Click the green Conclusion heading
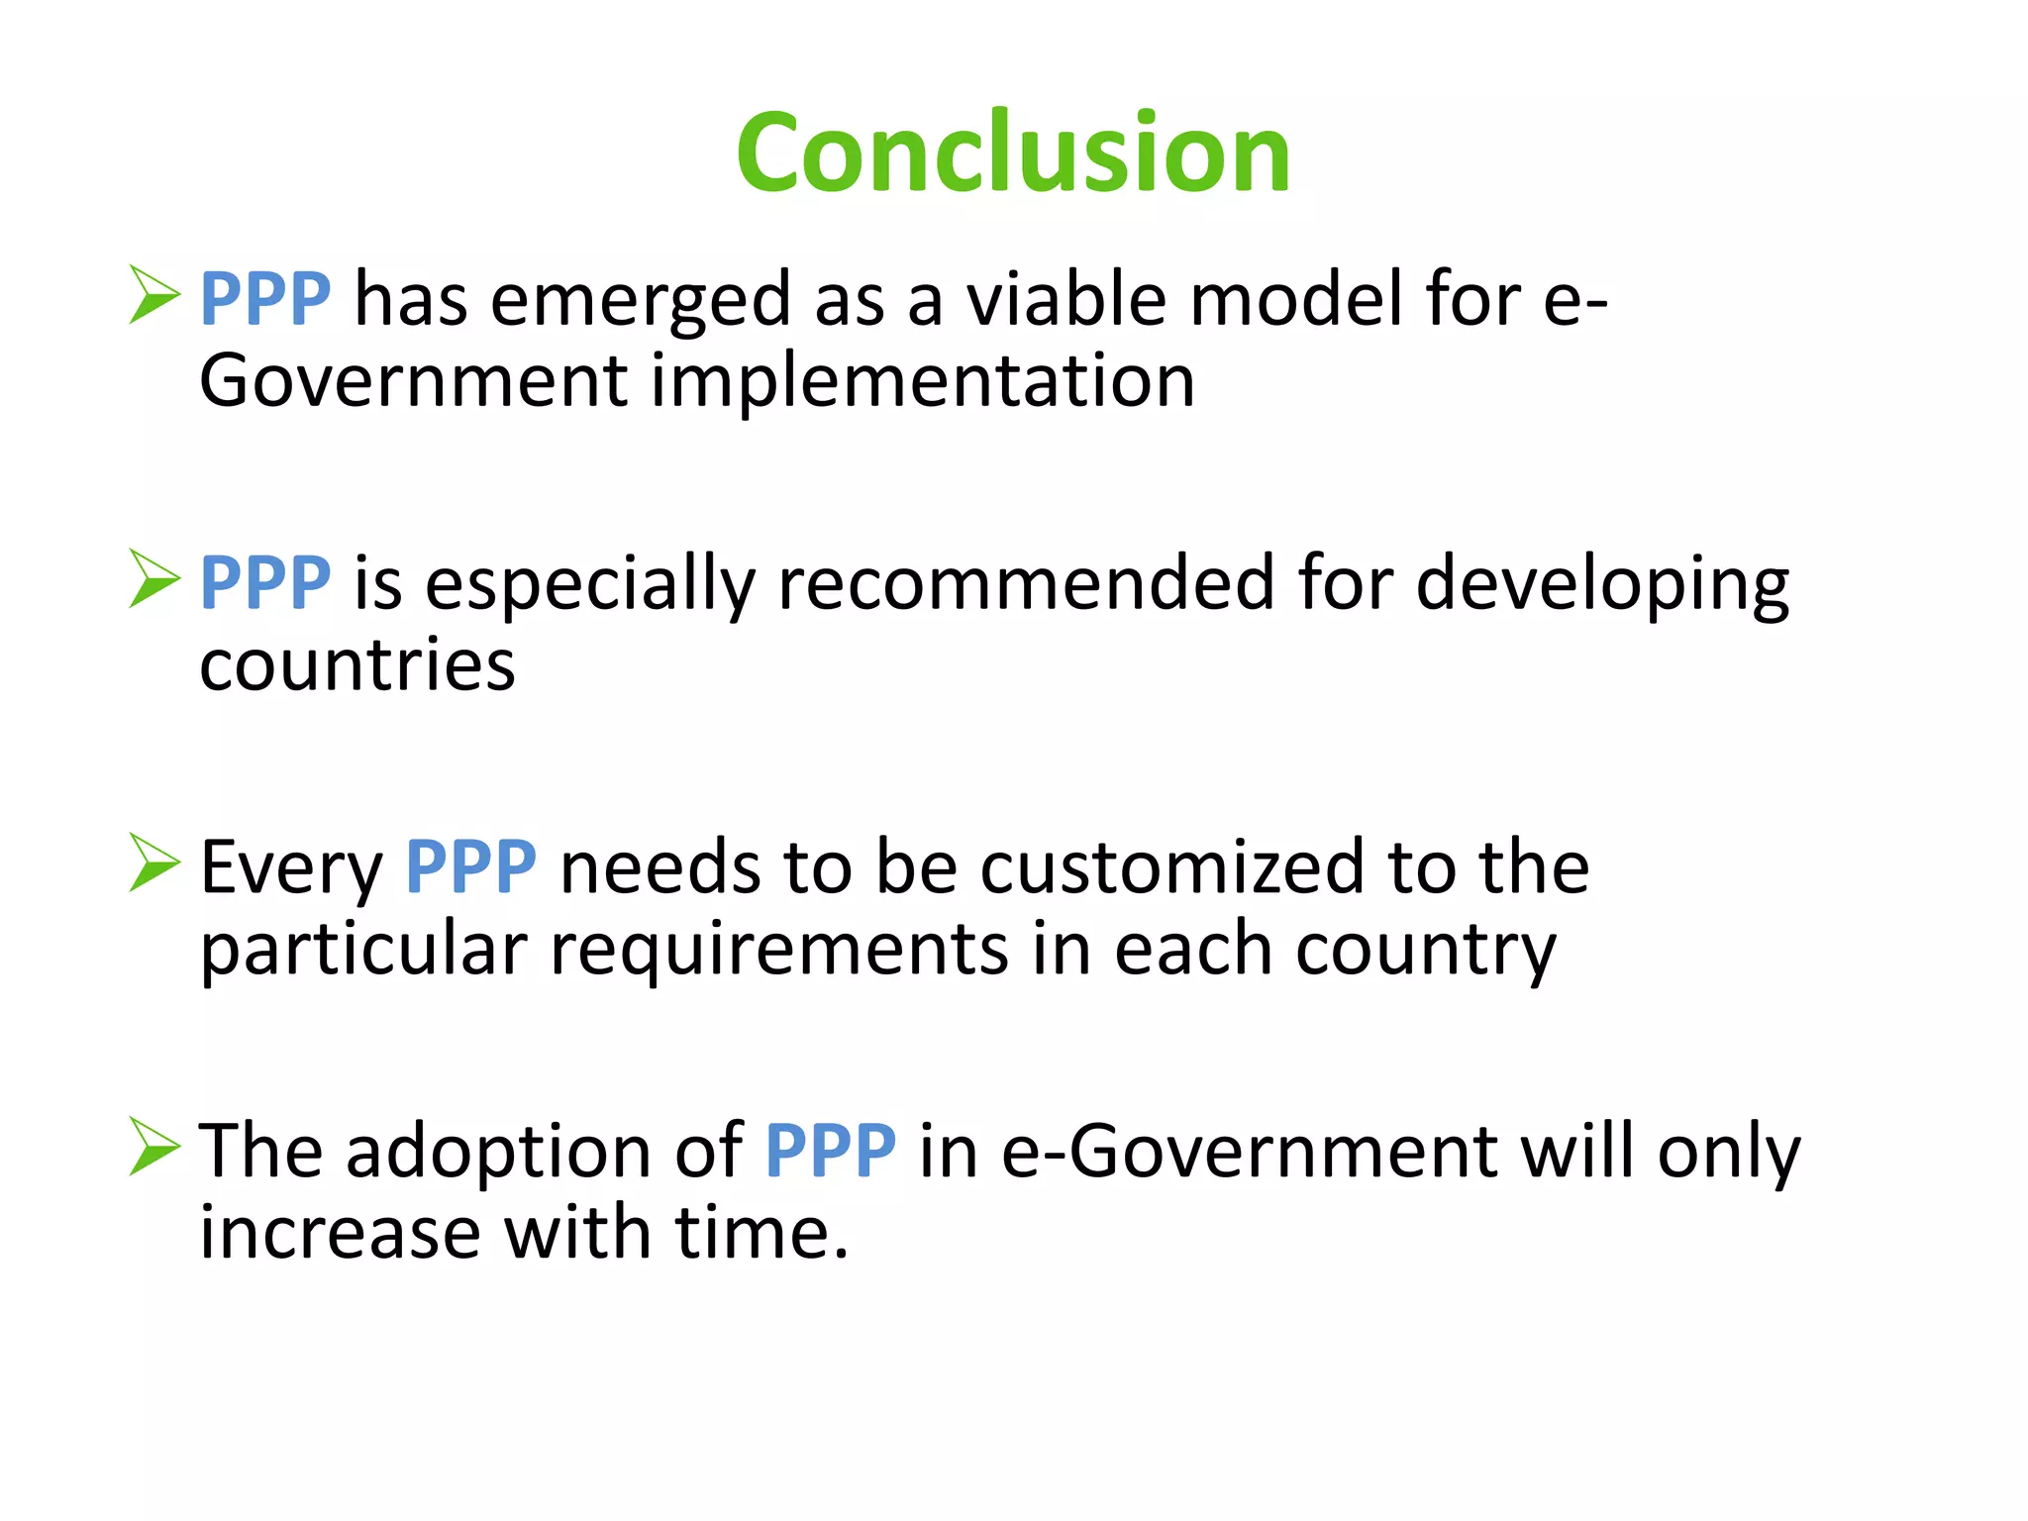[x=1013, y=153]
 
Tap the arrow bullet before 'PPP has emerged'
[x=154, y=295]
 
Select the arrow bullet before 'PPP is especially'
[x=154, y=579]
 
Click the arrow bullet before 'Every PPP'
[x=154, y=862]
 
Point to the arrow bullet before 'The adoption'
[x=154, y=1147]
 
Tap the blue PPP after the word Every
[x=471, y=866]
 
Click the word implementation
[x=922, y=381]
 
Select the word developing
[x=1602, y=584]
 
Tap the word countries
[x=357, y=665]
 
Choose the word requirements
[x=778, y=950]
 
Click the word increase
[x=340, y=1234]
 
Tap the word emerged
[x=641, y=300]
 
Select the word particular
[x=363, y=950]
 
